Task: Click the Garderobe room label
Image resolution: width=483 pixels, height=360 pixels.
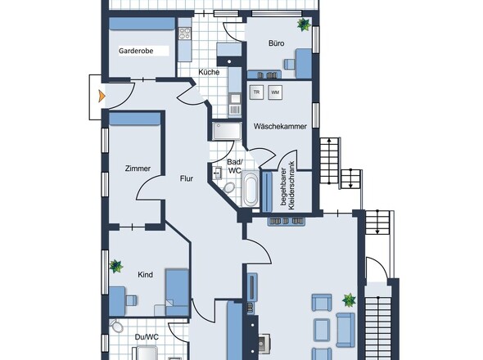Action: pyautogui.click(x=136, y=51)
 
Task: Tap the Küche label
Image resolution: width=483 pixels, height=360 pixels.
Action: pyautogui.click(x=209, y=72)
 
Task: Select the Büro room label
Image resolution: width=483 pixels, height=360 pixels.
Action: pyautogui.click(x=277, y=43)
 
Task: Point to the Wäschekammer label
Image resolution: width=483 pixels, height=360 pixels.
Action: pyautogui.click(x=280, y=126)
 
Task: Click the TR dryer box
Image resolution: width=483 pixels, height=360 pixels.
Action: pyautogui.click(x=256, y=92)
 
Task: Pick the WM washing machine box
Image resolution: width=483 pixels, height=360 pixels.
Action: pyautogui.click(x=275, y=92)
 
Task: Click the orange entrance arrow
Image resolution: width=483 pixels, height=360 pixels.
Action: pyautogui.click(x=102, y=96)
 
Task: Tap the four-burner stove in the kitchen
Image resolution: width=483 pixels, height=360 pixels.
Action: pyautogui.click(x=185, y=34)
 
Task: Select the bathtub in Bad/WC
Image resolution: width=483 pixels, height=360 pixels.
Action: pyautogui.click(x=251, y=189)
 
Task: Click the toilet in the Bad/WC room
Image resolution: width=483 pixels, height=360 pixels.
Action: pyautogui.click(x=229, y=187)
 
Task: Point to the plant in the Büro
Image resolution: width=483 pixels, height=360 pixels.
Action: pyautogui.click(x=304, y=25)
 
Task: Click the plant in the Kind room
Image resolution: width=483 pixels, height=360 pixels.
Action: pyautogui.click(x=115, y=266)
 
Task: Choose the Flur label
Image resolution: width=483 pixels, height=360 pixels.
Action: pyautogui.click(x=187, y=178)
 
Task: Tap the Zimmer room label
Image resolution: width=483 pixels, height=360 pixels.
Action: pyautogui.click(x=138, y=169)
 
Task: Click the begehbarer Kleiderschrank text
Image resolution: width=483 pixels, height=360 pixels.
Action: pyautogui.click(x=287, y=186)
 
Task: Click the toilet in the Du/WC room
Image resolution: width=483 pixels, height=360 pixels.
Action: pyautogui.click(x=116, y=326)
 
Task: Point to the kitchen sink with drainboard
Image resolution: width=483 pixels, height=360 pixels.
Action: pyautogui.click(x=235, y=105)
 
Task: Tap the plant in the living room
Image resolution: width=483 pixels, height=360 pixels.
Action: pyautogui.click(x=349, y=300)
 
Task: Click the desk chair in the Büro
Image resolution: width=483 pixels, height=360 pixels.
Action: pyautogui.click(x=289, y=65)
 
